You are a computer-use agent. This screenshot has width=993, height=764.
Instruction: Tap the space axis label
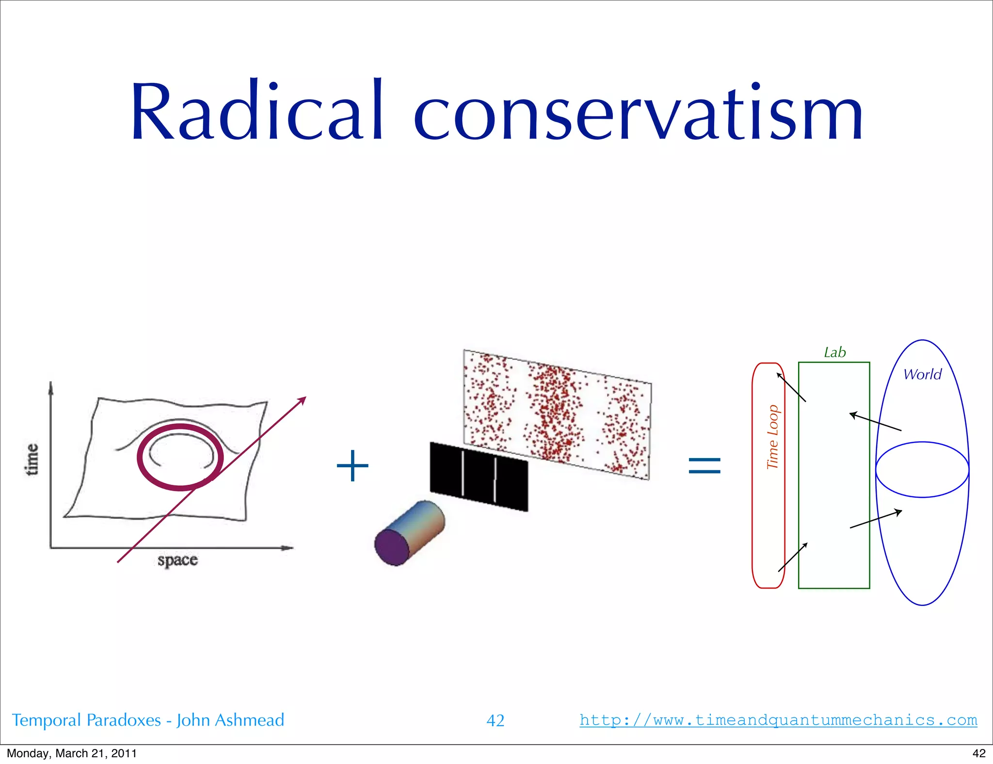point(177,560)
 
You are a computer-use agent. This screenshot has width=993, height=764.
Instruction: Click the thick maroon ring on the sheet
point(141,458)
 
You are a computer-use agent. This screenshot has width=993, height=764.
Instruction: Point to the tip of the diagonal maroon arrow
point(305,398)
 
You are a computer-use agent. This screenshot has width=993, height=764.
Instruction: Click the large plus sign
point(352,466)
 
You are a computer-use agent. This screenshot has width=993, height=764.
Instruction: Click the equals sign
point(705,466)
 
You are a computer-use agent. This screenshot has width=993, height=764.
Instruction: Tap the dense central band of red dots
point(553,412)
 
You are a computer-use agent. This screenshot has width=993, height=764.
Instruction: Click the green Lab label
point(834,352)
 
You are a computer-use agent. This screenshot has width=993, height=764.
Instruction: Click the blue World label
point(922,374)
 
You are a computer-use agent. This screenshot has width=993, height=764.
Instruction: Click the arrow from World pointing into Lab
point(876,422)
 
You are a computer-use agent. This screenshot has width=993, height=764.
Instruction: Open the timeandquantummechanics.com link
point(778,720)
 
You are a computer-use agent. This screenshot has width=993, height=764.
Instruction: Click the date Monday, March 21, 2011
point(72,753)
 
